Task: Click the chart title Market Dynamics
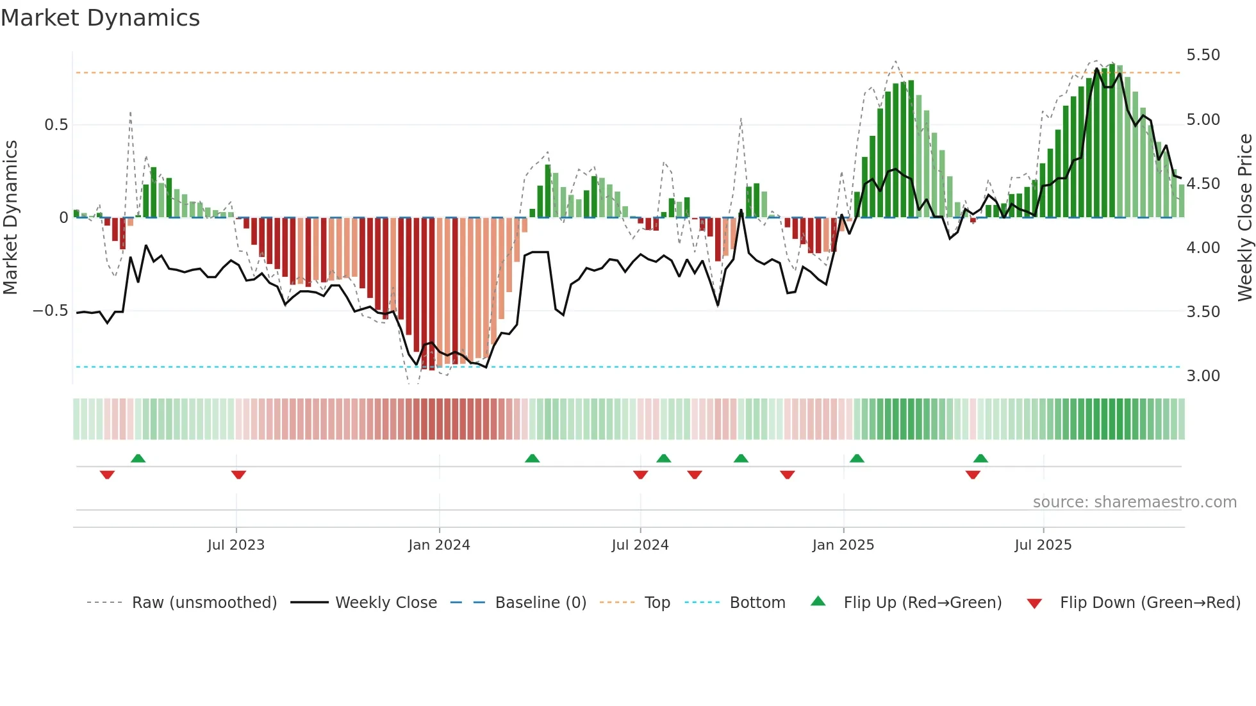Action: (x=100, y=18)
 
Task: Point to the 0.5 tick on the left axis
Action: (x=56, y=125)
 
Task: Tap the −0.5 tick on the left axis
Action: (x=50, y=311)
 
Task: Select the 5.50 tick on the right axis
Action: (x=1203, y=55)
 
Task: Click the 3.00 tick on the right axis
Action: (x=1203, y=376)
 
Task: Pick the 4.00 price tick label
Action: (x=1203, y=248)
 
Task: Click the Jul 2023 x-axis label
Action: (x=236, y=545)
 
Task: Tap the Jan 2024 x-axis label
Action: (x=439, y=545)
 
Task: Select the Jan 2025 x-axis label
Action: (x=843, y=545)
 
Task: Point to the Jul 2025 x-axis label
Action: (x=1043, y=545)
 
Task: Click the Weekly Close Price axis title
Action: (x=1244, y=217)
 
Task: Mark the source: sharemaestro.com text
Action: (x=1134, y=502)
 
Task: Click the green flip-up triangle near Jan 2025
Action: (x=857, y=459)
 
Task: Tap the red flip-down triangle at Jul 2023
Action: (x=238, y=475)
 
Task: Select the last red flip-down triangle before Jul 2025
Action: (x=973, y=475)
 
